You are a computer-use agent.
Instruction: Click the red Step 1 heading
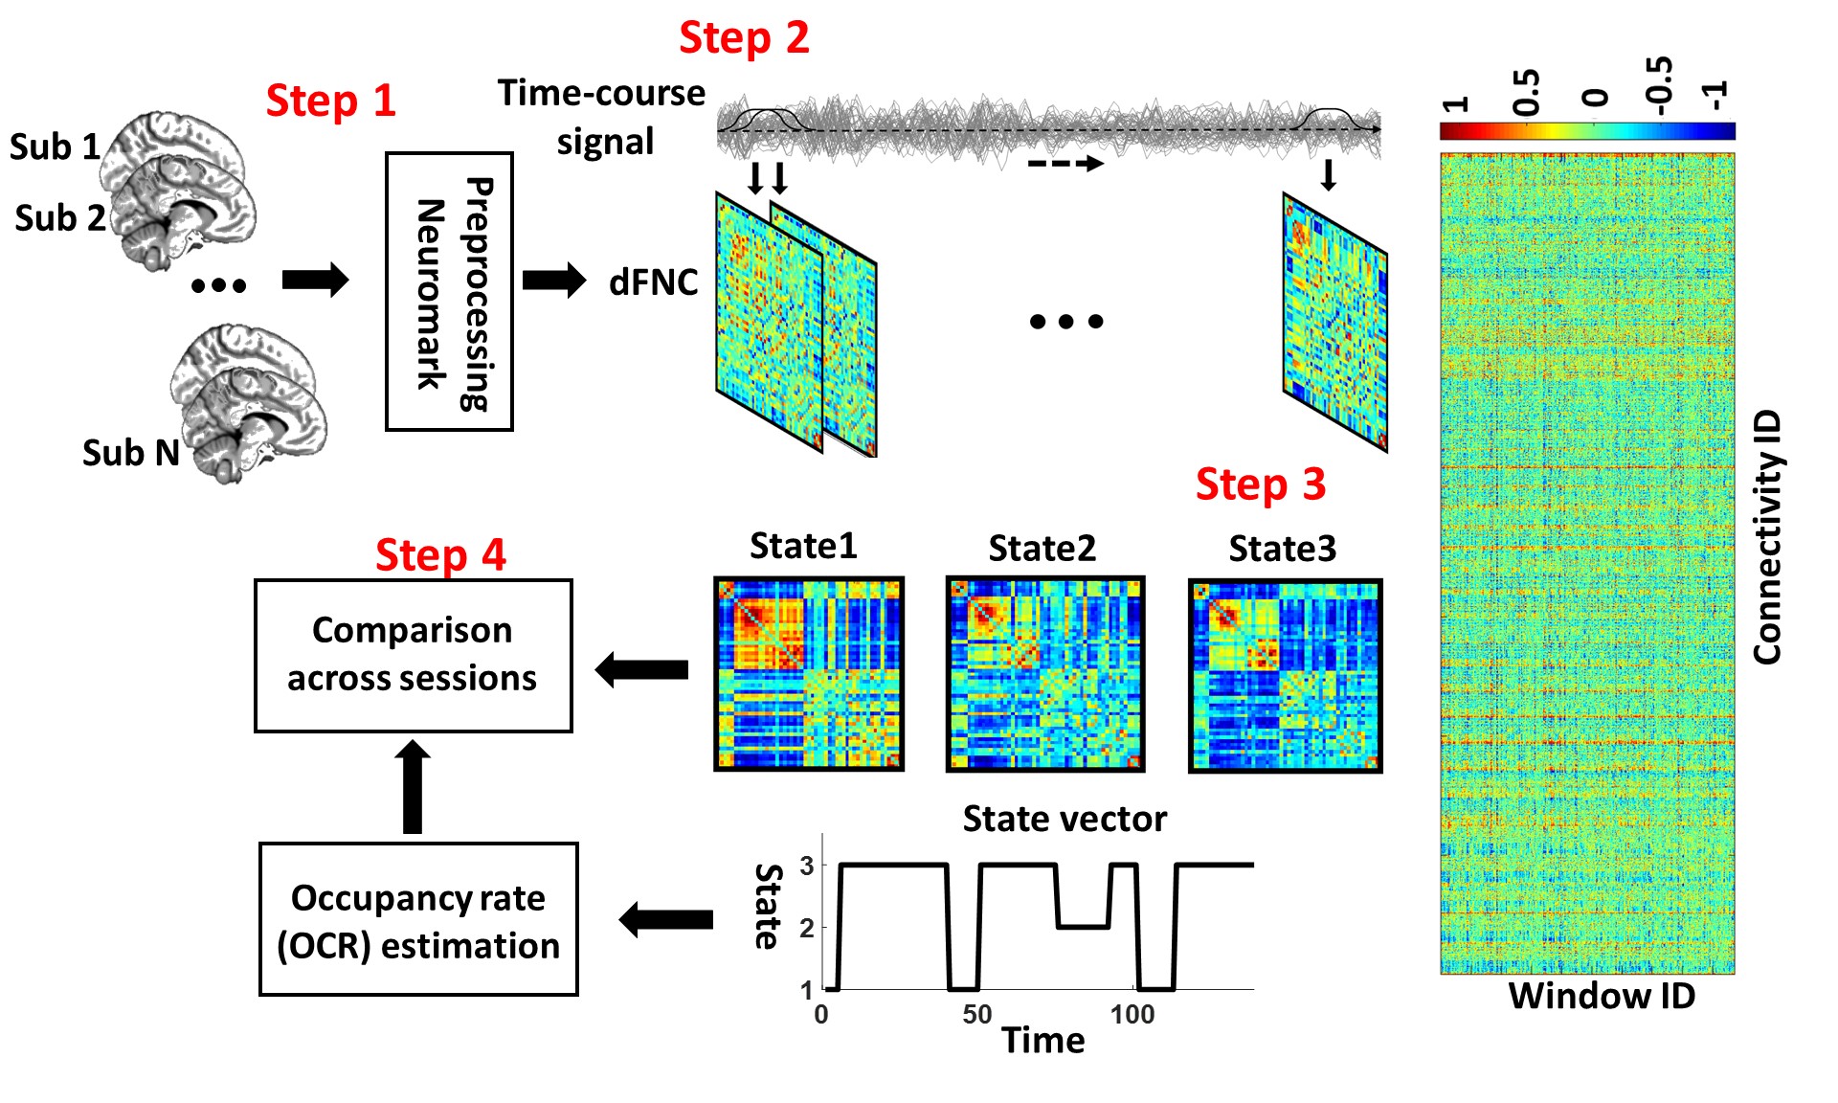coord(330,101)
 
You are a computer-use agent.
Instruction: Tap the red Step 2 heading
coord(744,38)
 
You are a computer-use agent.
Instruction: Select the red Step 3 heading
coord(1260,484)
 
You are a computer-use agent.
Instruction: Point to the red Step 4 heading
coord(440,555)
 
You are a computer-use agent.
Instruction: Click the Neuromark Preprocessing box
coord(449,292)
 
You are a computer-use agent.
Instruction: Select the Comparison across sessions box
coord(414,656)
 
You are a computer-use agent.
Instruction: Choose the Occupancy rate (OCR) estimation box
coord(418,920)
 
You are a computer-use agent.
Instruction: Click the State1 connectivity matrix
coord(809,674)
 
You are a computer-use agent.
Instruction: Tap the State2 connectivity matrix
coord(1044,674)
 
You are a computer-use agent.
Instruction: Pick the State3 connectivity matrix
coord(1285,676)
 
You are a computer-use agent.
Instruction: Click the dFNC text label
coord(654,282)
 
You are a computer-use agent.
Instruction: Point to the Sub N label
coord(131,453)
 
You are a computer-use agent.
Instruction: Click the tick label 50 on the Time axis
coord(977,1015)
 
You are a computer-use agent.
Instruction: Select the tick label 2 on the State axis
coord(807,927)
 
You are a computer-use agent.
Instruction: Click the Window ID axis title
coord(1602,997)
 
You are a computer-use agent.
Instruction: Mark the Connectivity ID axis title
coord(1767,537)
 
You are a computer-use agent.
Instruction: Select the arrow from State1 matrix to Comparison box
coord(642,669)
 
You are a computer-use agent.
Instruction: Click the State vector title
coord(1065,820)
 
